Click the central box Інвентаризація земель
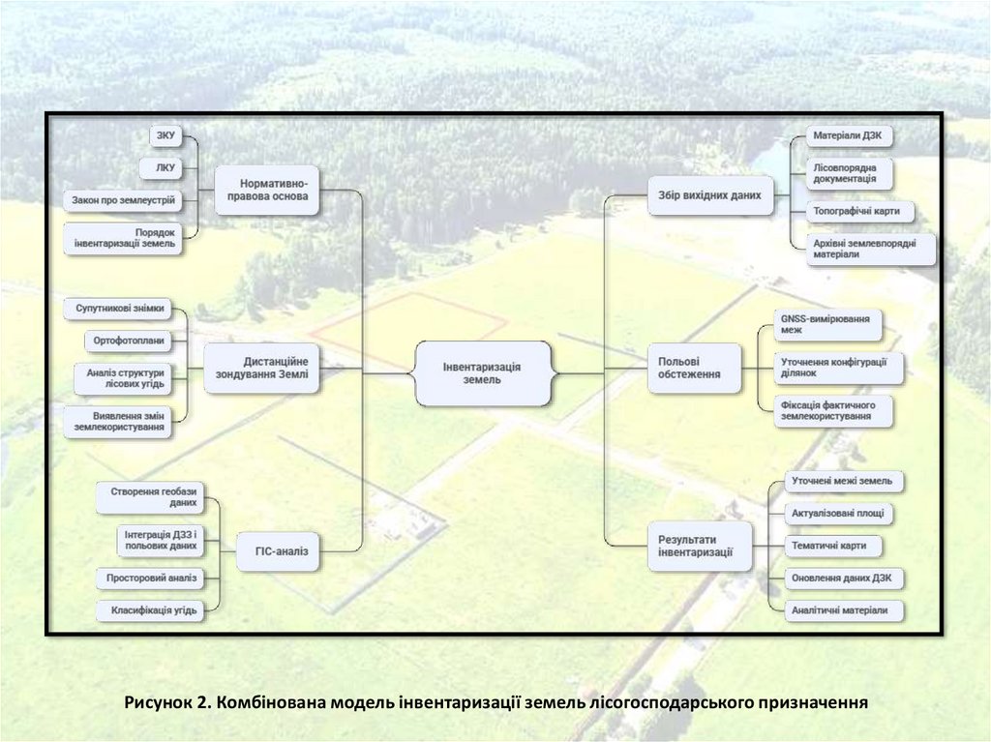pos(482,372)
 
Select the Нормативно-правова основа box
pos(267,191)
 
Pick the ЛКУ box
pos(165,167)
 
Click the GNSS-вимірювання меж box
pos(827,324)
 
